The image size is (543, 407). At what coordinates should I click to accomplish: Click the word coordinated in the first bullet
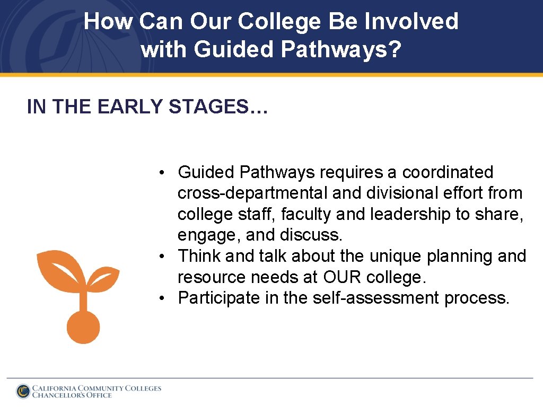tap(448, 172)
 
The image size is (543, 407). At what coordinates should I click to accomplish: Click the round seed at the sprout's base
tap(83, 327)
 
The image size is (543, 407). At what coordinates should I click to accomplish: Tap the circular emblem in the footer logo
tap(23, 391)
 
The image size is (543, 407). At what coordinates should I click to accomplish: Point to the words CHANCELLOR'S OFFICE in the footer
tap(72, 395)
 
